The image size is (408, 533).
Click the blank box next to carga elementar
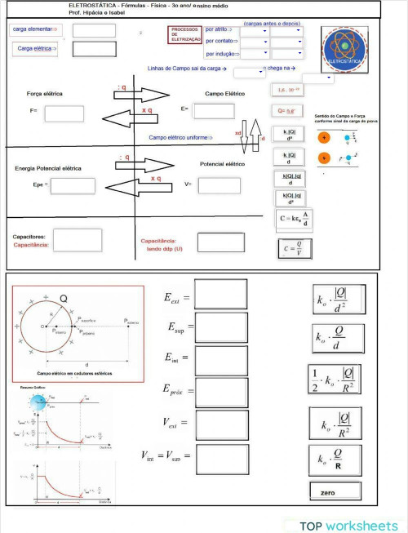click(x=94, y=30)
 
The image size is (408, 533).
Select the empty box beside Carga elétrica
click(x=94, y=49)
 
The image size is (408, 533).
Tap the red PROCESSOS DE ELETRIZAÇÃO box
click(x=184, y=34)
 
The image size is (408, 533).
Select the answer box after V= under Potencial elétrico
click(x=218, y=185)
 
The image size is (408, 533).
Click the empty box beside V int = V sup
click(x=221, y=458)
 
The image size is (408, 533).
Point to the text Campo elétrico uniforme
click(x=180, y=138)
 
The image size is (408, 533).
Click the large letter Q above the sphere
click(x=63, y=299)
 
